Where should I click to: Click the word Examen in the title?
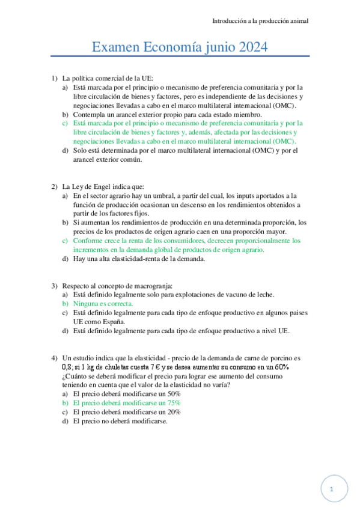[x=115, y=47]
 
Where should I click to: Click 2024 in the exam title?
[x=251, y=47]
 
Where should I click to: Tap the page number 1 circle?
[x=333, y=488]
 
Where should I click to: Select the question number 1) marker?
[x=54, y=78]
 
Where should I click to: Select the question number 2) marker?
[x=54, y=186]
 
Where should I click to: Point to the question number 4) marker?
[x=54, y=357]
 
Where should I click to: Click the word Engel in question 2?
[x=102, y=186]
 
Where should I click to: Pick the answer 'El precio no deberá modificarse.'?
[x=120, y=421]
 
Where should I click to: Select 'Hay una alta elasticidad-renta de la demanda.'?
[x=139, y=259]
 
